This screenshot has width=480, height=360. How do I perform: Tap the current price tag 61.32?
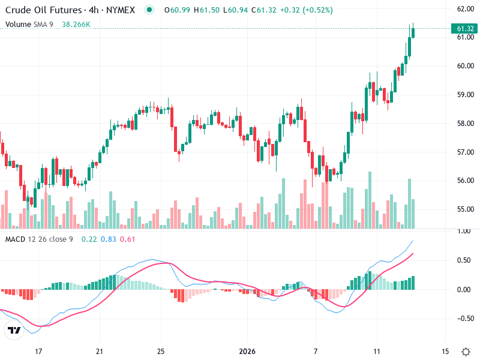tap(466, 29)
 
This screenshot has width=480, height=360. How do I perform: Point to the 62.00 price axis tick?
tap(466, 9)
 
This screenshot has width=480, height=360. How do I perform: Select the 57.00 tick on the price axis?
tap(466, 152)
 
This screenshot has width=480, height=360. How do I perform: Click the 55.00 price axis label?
tap(466, 209)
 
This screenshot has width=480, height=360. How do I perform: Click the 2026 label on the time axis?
tap(248, 351)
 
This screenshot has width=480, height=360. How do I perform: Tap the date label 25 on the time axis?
tap(161, 351)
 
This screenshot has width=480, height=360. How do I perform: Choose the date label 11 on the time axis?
tap(377, 351)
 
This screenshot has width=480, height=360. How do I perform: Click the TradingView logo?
tap(14, 331)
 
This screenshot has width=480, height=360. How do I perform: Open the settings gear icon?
tap(466, 351)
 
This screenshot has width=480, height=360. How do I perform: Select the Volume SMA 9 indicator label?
tap(29, 25)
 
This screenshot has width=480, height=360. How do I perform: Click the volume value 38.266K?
tap(76, 25)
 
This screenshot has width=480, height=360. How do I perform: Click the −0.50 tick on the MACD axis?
tap(464, 319)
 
